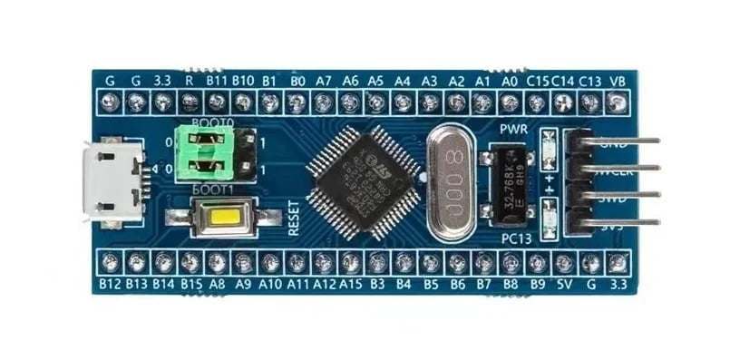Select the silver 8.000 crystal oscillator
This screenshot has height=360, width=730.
pyautogui.click(x=453, y=182)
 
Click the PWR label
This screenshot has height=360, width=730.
pyautogui.click(x=513, y=130)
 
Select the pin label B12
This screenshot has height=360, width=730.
pyautogui.click(x=110, y=283)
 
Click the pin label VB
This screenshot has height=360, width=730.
pyautogui.click(x=618, y=80)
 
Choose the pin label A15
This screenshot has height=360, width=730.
pyautogui.click(x=351, y=283)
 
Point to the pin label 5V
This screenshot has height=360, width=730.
pyautogui.click(x=564, y=283)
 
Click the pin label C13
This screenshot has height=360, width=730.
pyautogui.click(x=590, y=80)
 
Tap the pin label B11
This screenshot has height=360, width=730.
pyautogui.click(x=217, y=80)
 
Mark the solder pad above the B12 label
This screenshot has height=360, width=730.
pyautogui.click(x=110, y=262)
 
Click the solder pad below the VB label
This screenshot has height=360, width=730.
pyautogui.click(x=618, y=102)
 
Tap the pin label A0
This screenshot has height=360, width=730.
pyautogui.click(x=510, y=80)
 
